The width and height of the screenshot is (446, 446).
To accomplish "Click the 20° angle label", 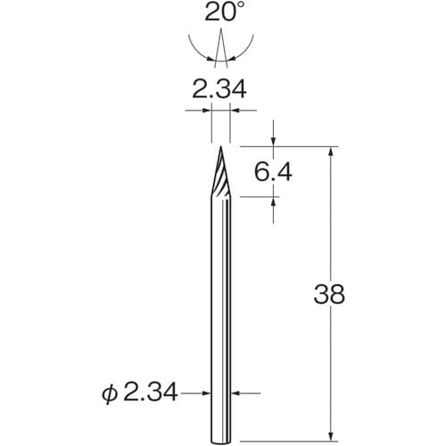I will click(x=220, y=13).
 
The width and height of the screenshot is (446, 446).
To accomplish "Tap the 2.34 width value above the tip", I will click(x=220, y=89).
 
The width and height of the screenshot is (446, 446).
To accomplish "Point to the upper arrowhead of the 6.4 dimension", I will click(x=275, y=140).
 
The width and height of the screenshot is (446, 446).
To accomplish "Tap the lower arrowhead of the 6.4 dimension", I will click(x=275, y=204).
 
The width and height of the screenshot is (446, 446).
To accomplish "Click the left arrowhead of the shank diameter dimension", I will click(x=207, y=391).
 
